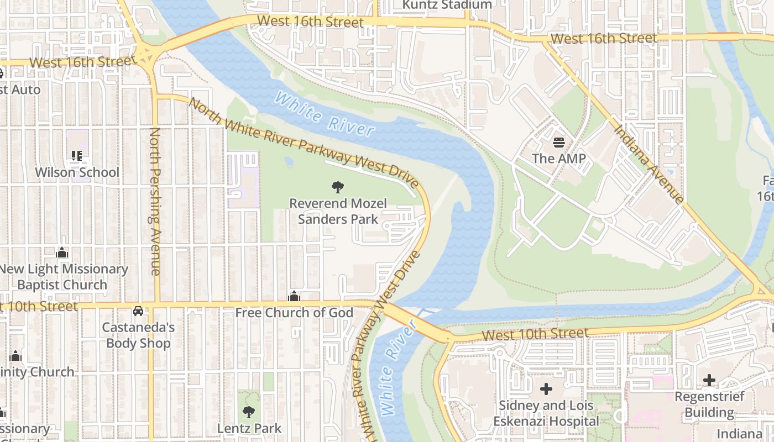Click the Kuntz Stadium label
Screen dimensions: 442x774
447,5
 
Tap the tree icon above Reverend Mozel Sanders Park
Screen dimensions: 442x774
337,187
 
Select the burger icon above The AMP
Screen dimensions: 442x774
558,143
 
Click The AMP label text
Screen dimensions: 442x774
558,159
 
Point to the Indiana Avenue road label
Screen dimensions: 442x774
649,164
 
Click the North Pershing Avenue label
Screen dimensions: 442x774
155,201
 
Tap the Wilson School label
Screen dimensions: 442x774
77,172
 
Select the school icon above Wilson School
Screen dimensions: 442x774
77,156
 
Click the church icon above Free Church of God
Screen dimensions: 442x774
294,297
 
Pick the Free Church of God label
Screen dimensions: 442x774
294,313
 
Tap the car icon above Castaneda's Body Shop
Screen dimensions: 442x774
138,311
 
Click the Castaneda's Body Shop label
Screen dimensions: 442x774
138,335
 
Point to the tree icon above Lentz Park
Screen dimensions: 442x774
249,412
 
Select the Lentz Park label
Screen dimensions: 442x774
249,428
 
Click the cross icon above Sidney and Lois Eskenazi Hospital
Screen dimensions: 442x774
546,389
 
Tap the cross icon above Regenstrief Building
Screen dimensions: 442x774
709,380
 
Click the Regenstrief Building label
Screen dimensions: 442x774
709,404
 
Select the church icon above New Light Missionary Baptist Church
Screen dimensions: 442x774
62,253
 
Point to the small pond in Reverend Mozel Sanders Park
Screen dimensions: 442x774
289,161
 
